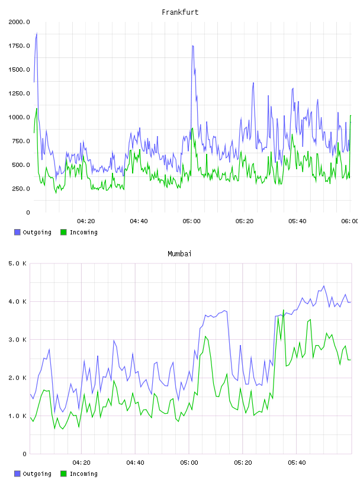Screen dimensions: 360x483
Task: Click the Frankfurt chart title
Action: click(180, 12)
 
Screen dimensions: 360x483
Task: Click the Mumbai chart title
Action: click(179, 254)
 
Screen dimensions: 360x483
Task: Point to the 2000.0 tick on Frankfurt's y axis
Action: click(19, 22)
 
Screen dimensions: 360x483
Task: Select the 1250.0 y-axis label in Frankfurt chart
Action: click(19, 94)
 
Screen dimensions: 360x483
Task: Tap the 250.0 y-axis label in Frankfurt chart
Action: click(21, 188)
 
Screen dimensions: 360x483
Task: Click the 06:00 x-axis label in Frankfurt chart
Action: click(350, 221)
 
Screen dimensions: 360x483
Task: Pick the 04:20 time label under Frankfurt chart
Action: click(86, 221)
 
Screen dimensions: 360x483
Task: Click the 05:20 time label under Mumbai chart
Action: click(243, 462)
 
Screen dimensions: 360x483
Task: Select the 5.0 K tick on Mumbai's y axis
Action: click(17, 263)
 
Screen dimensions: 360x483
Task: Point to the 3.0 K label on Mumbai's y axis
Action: click(17, 339)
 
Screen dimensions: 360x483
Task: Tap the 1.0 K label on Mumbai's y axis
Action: click(17, 416)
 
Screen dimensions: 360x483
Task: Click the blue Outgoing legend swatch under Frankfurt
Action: click(17, 232)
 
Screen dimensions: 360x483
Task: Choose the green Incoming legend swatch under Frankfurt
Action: click(63, 232)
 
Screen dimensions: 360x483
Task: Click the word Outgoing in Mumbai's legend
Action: click(37, 474)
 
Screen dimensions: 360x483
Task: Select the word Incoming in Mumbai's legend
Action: click(83, 474)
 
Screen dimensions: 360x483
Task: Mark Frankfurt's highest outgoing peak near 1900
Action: click(37, 33)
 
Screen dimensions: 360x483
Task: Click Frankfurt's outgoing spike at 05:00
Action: click(192, 46)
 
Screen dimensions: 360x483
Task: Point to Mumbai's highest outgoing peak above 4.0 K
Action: click(324, 286)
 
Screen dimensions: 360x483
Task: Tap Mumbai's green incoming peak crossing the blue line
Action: click(283, 310)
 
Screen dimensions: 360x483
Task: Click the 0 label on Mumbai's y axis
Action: click(25, 454)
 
